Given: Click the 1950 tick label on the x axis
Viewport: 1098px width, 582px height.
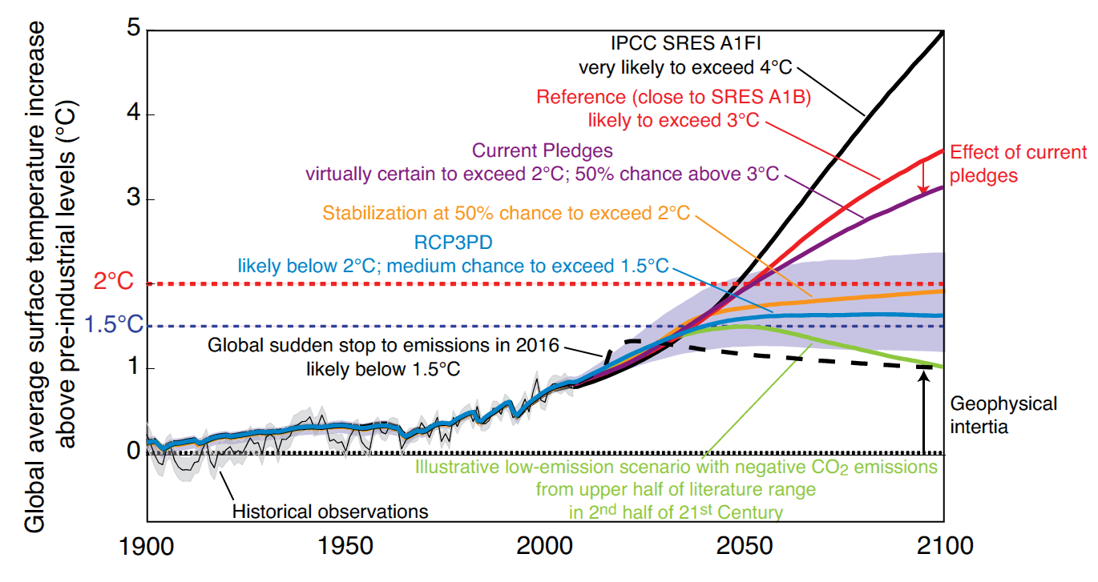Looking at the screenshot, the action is point(345,546).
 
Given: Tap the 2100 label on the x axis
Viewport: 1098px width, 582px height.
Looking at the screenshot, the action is point(945,546).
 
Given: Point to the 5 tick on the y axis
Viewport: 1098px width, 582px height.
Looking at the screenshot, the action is point(133,27).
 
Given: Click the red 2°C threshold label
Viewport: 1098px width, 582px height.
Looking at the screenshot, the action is point(113,282).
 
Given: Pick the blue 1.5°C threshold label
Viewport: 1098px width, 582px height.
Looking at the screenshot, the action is point(114,324).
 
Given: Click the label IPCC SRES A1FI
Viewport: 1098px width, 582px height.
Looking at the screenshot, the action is point(685,43).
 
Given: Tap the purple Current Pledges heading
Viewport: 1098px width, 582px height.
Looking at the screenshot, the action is point(542,151).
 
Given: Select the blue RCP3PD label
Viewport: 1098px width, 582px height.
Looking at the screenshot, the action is point(454,243).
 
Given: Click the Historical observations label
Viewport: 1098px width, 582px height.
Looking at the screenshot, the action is point(330,512).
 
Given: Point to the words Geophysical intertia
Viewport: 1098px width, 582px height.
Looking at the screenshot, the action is point(1003,415).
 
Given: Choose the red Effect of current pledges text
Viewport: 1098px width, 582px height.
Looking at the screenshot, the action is point(1018,164).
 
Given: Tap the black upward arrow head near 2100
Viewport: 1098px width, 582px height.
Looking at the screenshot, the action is point(923,376).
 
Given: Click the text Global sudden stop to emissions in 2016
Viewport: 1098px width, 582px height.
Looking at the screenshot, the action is point(383,346).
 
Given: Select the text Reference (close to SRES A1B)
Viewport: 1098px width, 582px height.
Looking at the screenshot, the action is point(673,97).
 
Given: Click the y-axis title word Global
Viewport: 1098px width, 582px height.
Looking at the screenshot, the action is point(34,504).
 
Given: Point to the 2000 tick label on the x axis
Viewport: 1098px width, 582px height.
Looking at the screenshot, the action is point(544,546).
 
